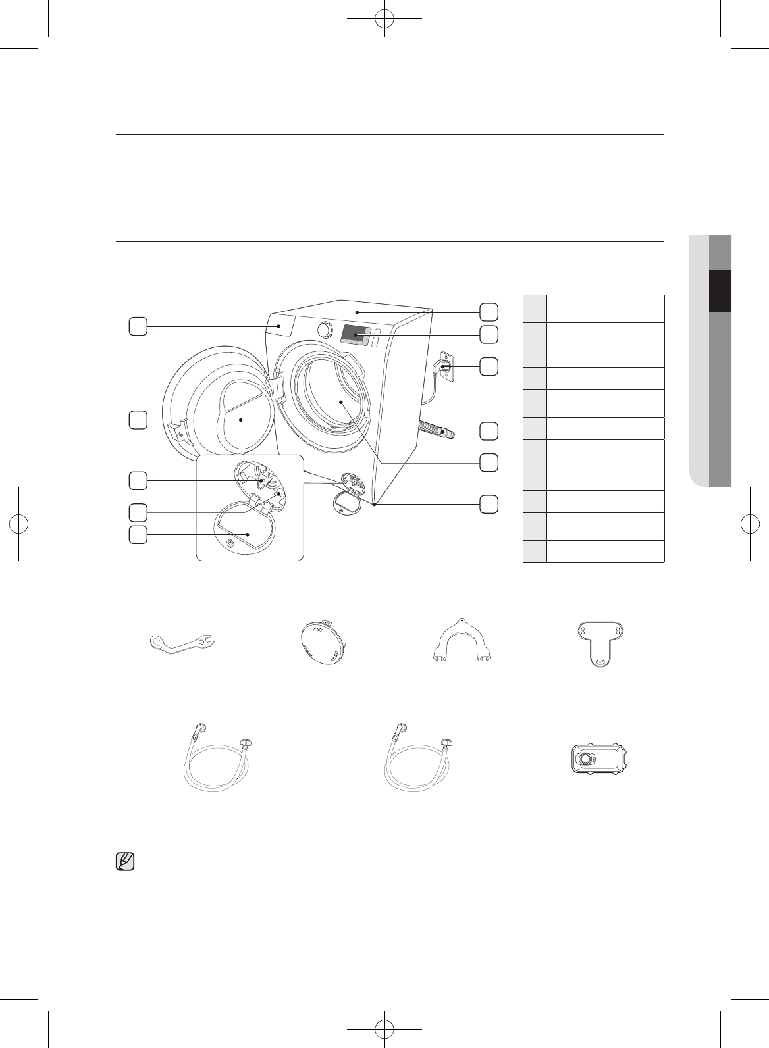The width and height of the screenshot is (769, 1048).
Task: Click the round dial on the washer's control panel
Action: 323,329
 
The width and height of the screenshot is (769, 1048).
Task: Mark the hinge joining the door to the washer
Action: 276,387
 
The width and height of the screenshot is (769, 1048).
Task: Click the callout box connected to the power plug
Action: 488,366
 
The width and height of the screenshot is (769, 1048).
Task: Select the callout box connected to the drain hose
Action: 488,431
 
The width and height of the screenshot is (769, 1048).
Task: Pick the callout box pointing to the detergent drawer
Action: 137,326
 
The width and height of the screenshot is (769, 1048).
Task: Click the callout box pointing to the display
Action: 488,334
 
